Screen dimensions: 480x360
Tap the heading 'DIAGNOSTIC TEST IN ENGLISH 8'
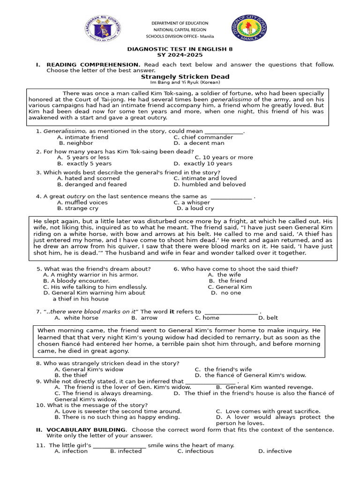[180, 49]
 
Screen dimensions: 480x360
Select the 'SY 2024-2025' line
[180, 55]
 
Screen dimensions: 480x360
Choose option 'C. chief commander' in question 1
[203, 137]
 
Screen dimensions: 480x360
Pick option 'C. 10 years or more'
[224, 157]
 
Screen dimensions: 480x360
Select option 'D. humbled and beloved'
[210, 184]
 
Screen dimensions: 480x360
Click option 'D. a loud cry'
[195, 208]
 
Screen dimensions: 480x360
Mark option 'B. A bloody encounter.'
[76, 281]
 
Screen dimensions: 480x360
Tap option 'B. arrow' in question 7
[144, 317]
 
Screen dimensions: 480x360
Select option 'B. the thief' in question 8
[71, 375]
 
